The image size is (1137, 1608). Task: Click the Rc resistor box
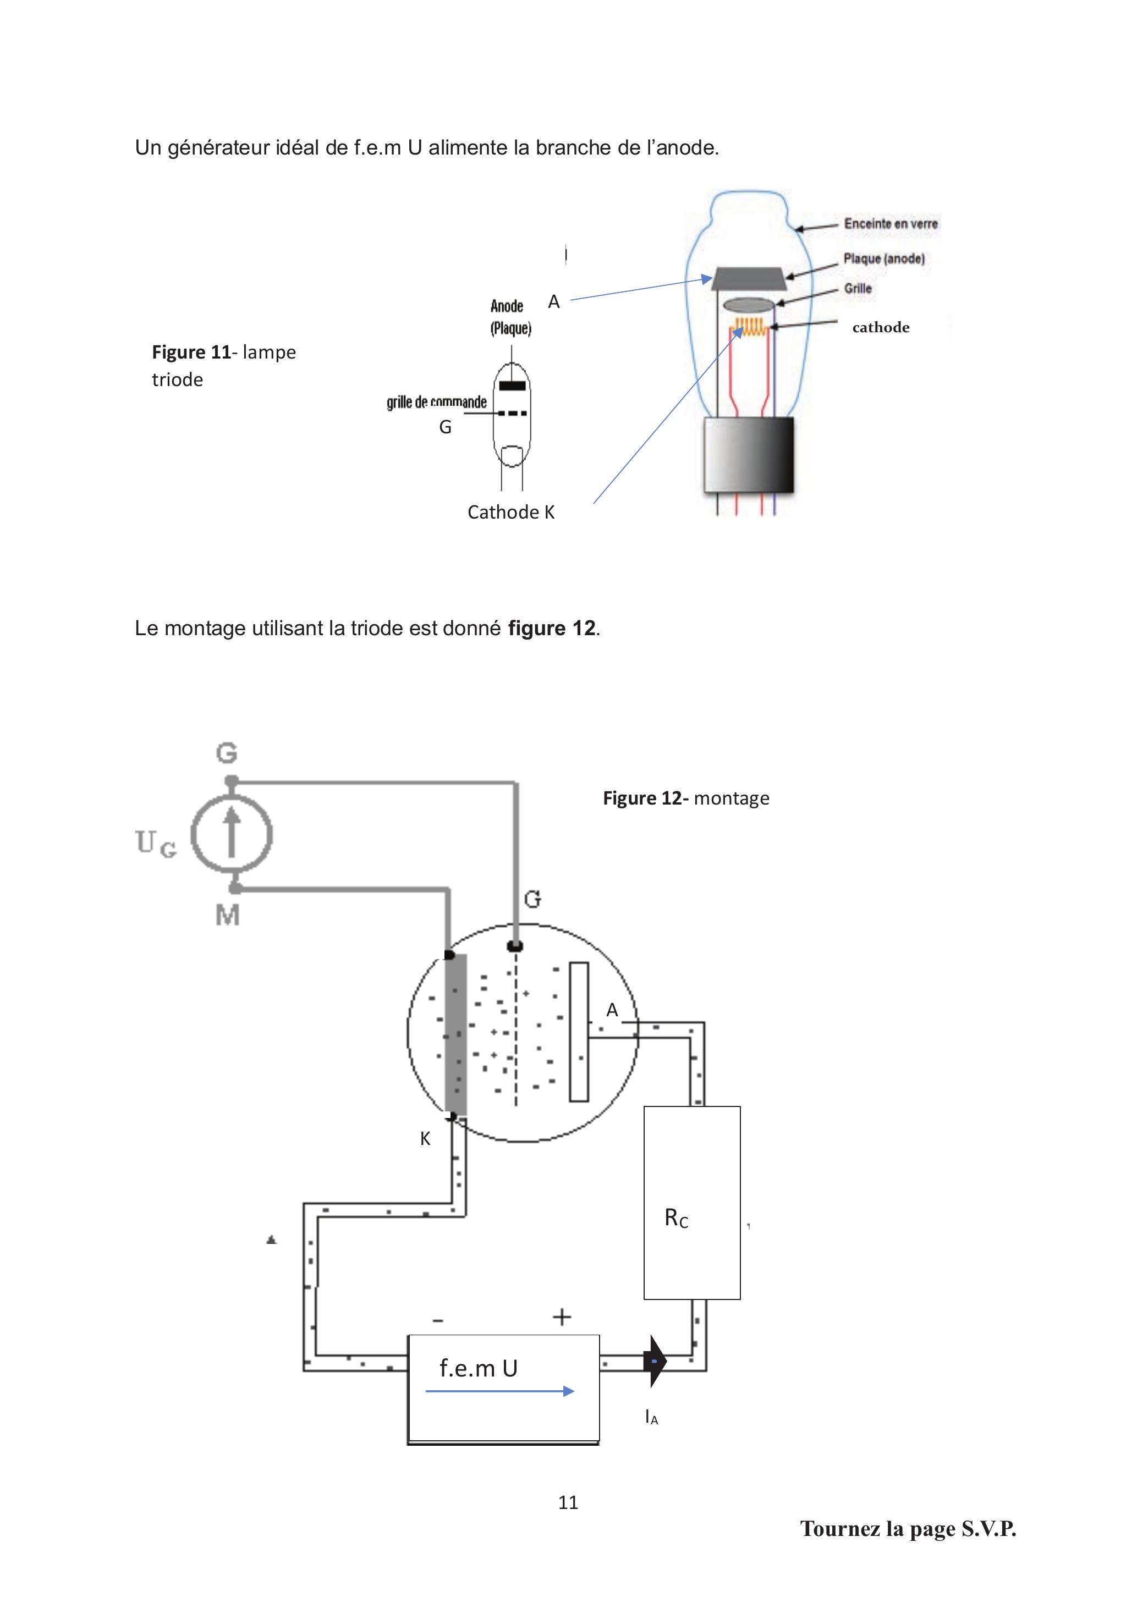(691, 1203)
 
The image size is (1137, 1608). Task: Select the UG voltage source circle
(232, 835)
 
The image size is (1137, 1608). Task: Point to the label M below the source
(228, 915)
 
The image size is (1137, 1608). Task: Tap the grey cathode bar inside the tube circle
(456, 1033)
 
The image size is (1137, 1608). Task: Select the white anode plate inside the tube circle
(579, 1032)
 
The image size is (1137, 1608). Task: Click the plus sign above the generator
(562, 1317)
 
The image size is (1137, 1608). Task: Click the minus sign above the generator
(438, 1321)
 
